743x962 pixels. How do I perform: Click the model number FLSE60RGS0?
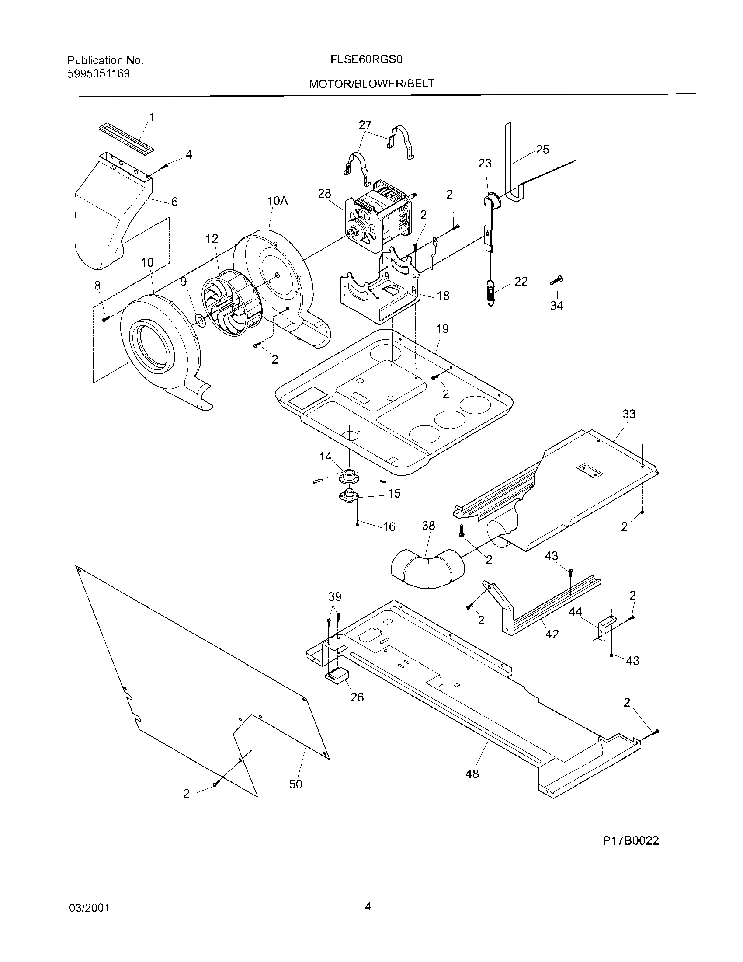[x=367, y=60]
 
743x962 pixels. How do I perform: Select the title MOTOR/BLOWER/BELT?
[x=371, y=84]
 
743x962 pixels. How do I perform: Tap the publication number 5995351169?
[x=99, y=73]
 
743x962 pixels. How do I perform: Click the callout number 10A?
[x=277, y=201]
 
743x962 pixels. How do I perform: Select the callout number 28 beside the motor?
[x=324, y=193]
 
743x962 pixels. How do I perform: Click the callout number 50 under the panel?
[x=296, y=784]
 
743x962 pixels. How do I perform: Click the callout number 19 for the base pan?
[x=442, y=329]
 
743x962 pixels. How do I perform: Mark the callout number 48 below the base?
[x=472, y=774]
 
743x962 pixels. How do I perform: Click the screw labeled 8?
[x=105, y=319]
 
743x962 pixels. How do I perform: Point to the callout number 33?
[x=629, y=414]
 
